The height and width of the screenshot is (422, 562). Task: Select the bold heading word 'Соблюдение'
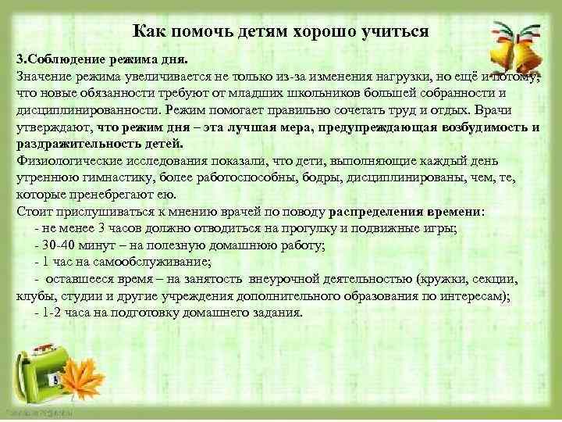[x=63, y=60]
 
